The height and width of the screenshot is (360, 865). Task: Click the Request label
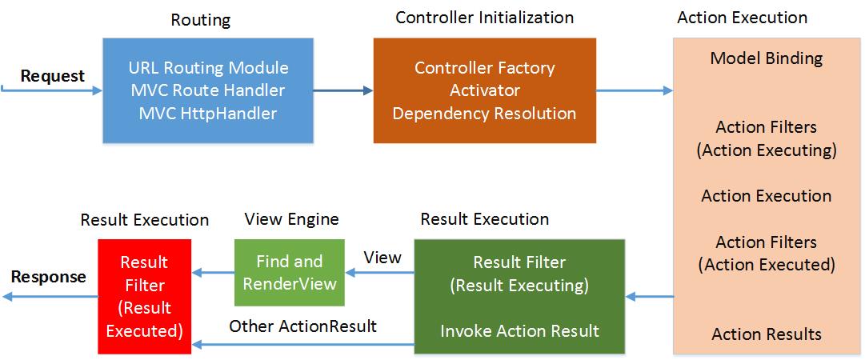52,76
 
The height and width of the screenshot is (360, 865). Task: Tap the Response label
48,277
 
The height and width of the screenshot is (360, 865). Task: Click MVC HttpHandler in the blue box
208,113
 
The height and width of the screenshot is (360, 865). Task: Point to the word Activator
484,90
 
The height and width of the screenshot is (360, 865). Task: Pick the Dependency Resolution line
484,113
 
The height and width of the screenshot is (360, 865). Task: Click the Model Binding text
766,58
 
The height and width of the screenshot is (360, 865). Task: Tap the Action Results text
766,334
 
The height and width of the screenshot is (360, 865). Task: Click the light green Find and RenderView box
289,272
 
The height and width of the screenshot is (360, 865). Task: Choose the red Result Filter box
143,296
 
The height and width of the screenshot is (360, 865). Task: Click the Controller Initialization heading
484,17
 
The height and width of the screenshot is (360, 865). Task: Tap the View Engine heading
291,219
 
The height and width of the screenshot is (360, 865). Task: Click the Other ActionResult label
302,326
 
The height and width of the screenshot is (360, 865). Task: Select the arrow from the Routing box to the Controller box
343,90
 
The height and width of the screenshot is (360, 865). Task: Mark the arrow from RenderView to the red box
212,274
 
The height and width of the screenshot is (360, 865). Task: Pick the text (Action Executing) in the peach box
766,150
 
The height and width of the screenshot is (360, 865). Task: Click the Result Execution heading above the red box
145,219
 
